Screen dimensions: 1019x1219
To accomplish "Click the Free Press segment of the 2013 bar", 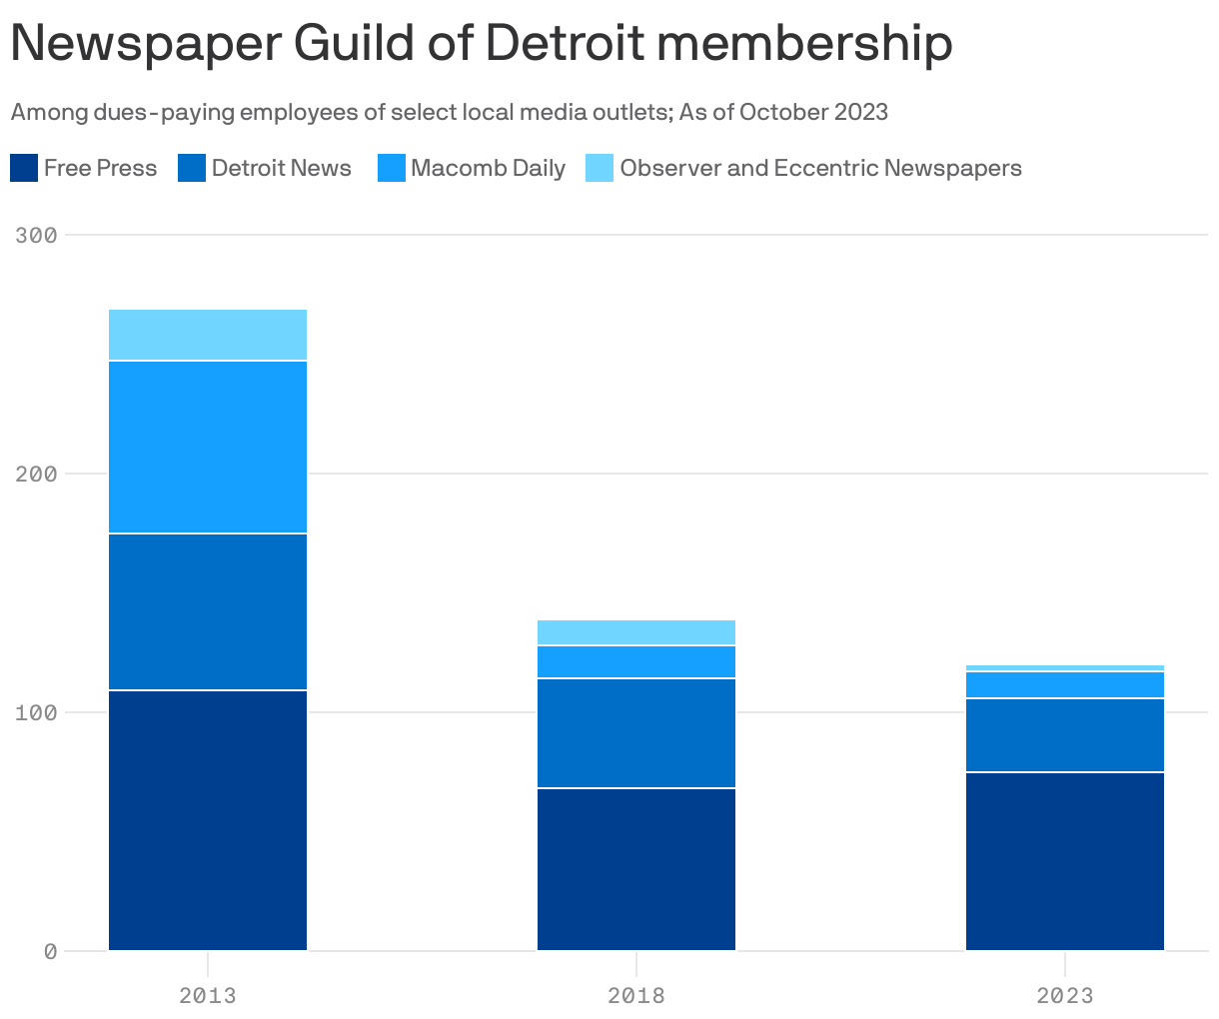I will (x=208, y=820).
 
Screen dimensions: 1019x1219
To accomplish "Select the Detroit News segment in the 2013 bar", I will (x=208, y=611).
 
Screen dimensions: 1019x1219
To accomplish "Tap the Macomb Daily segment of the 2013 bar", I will (x=208, y=447).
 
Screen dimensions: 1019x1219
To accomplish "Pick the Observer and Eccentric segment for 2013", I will (x=208, y=335).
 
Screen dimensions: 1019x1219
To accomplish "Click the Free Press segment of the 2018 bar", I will (x=636, y=869).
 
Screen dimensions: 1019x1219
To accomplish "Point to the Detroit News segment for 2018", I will (x=636, y=733).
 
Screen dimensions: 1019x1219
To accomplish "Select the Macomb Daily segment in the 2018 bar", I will (x=636, y=661).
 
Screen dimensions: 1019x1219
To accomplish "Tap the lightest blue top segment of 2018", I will (x=636, y=632).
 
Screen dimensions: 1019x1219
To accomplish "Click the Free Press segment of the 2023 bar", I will (x=1065, y=861).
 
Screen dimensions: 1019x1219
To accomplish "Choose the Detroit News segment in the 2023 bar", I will (x=1065, y=735).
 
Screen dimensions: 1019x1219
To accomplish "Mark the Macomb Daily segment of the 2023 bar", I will (x=1065, y=684).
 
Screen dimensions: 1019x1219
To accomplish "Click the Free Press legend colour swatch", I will (x=24, y=168).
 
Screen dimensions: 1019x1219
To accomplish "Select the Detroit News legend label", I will (x=281, y=168).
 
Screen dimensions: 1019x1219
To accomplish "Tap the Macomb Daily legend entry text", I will (x=488, y=168).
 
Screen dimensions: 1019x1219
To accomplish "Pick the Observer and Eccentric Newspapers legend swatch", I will (x=600, y=168).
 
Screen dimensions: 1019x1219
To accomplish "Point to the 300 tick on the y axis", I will (x=37, y=235).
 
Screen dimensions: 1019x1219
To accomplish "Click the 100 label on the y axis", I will (x=37, y=712).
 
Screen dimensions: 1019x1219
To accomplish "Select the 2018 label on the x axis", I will (x=636, y=995).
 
